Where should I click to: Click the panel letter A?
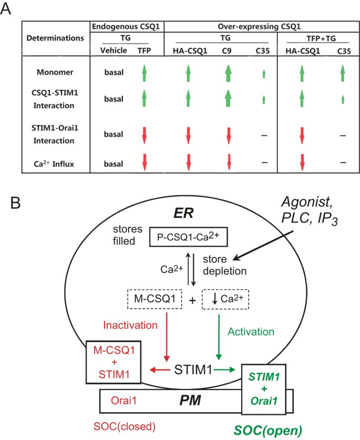7,8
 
